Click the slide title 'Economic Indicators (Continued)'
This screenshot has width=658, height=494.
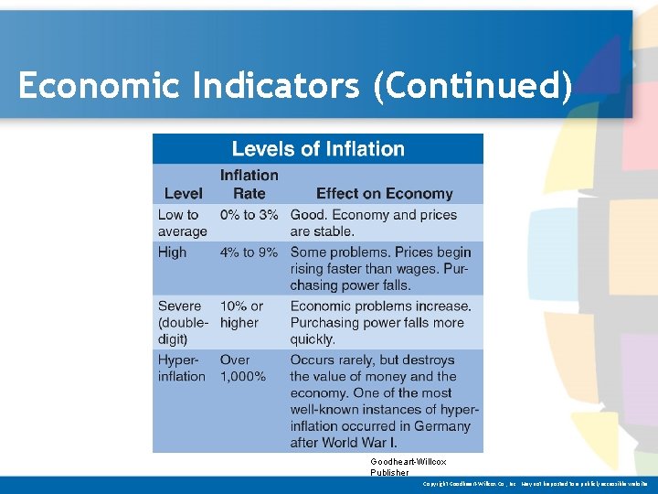tap(294, 86)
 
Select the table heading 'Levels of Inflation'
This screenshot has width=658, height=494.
tap(317, 149)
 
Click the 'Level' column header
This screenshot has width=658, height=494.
tap(183, 193)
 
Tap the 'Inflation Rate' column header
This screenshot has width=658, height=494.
tap(249, 184)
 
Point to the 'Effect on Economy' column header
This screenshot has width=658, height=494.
tap(384, 193)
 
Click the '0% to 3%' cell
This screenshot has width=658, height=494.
tap(249, 215)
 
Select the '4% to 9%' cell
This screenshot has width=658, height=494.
tap(249, 252)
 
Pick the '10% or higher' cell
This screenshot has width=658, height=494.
tap(241, 314)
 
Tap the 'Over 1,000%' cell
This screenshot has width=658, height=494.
tap(242, 368)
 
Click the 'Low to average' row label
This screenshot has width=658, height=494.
tap(182, 223)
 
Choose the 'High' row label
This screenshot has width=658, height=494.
tap(172, 252)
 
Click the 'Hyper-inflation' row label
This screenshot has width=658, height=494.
tap(181, 368)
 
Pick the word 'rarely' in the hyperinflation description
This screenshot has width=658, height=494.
tap(366, 360)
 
